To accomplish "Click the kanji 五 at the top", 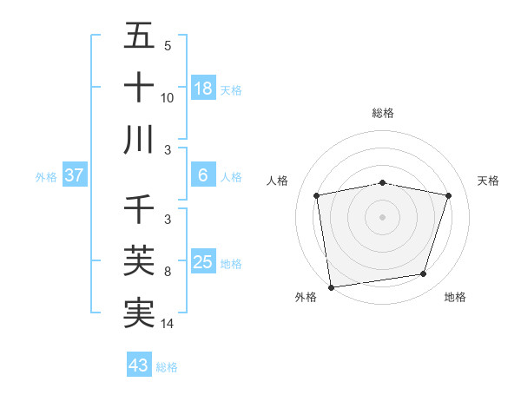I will point(139,37).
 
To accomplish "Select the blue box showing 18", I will point(203,88).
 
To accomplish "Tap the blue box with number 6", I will point(203,175).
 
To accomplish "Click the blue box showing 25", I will point(203,262).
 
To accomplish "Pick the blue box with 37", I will point(75,175).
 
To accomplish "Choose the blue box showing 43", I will point(139,365).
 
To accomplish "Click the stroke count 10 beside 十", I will point(168,97).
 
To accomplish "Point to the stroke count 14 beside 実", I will point(168,324).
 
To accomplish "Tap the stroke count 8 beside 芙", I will point(167,273).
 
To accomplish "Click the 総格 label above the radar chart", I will point(383,113).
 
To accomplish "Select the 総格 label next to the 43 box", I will point(167,367).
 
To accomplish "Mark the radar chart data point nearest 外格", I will point(331,286).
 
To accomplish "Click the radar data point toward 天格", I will point(448,195).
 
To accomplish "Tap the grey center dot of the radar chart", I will point(382,216).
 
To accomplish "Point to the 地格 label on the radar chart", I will point(455,297).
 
